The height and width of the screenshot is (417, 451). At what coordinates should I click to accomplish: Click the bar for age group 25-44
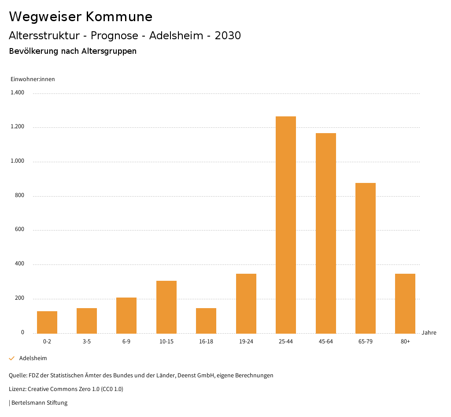click(x=286, y=225)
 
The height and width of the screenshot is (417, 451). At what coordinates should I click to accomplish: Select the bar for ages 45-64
click(x=325, y=233)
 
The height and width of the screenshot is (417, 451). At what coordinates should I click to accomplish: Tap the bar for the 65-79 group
click(x=366, y=258)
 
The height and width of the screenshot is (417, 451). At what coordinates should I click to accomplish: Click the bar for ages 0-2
click(x=47, y=322)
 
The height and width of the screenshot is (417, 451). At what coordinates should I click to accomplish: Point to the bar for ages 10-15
click(x=166, y=307)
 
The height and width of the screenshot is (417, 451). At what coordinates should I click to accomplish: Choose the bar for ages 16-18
click(x=206, y=320)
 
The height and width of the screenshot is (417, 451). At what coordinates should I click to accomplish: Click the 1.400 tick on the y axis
click(x=17, y=93)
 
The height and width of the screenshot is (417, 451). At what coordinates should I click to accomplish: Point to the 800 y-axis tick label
click(x=19, y=195)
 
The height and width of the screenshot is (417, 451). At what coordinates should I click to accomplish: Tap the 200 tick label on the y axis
click(x=19, y=298)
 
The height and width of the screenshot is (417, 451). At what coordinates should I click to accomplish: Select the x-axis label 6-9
click(x=126, y=342)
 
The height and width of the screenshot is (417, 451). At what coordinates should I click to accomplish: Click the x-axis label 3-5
click(x=87, y=342)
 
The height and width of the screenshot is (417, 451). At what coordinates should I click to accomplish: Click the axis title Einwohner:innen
click(x=33, y=79)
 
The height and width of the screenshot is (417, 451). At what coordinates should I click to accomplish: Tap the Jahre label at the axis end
click(x=429, y=332)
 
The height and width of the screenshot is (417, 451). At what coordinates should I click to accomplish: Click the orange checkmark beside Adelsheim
click(x=12, y=358)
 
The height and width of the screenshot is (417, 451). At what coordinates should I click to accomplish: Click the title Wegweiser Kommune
click(x=81, y=17)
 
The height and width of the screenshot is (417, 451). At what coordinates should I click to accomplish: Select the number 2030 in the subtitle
click(x=228, y=36)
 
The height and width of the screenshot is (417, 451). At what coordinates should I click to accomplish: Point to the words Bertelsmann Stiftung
click(x=39, y=402)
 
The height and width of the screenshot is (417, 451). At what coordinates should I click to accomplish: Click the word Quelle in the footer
click(x=17, y=376)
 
